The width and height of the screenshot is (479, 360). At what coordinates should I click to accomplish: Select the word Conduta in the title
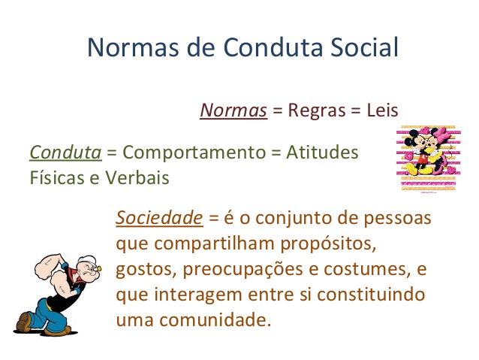(273, 48)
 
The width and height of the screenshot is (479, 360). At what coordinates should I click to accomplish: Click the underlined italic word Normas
(233, 110)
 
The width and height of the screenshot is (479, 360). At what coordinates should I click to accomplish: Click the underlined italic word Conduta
(65, 152)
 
